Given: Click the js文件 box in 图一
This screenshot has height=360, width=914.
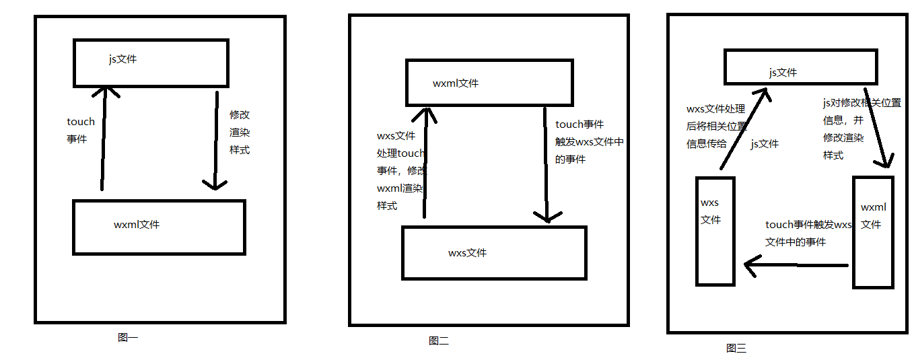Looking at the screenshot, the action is coord(151,62).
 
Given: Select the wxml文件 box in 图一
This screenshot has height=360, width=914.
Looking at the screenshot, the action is coord(159,227).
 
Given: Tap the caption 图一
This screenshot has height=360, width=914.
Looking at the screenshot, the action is coord(127,338).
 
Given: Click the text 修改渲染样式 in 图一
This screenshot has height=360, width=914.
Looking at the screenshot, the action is coord(240,133).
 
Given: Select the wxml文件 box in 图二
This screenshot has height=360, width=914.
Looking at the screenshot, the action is coord(489,83).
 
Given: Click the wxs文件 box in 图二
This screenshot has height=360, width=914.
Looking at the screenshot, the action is coord(494,253).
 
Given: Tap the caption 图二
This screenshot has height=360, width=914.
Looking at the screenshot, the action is coord(438,341).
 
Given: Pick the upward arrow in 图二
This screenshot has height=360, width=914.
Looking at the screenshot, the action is coord(425,161).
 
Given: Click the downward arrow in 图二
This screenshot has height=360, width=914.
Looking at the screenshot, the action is coord(546,165).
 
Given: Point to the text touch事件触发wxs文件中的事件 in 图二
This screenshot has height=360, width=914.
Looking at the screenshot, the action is coord(590,142).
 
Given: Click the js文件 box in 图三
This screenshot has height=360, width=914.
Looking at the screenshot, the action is coord(800,67).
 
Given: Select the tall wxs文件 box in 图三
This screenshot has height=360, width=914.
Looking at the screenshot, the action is coord(715,231).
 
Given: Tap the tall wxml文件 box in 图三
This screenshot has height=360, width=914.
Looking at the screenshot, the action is coord(873,232).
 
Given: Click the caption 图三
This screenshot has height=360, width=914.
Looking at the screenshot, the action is coord(736,348).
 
